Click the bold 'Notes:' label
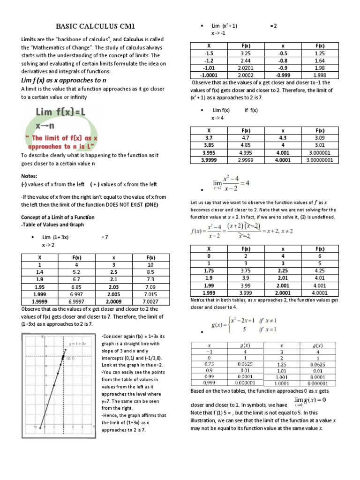(29, 176)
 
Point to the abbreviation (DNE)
(151, 205)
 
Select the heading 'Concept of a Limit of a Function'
(58, 217)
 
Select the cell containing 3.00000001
(320, 159)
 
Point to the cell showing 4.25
(320, 270)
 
